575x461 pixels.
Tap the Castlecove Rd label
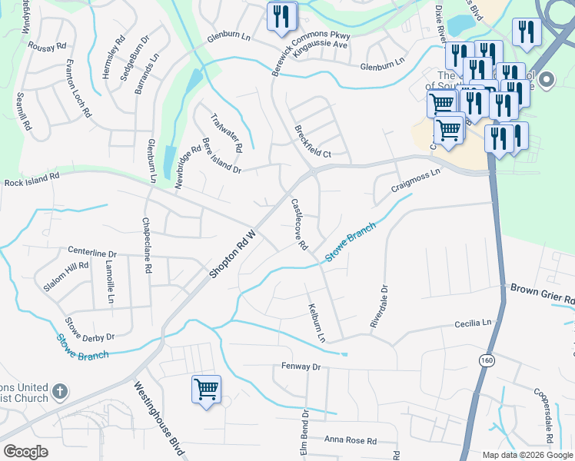[x=299, y=225]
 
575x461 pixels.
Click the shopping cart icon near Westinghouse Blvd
[x=206, y=390]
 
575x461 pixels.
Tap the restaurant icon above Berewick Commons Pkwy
[x=281, y=15]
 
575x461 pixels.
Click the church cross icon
[x=59, y=393]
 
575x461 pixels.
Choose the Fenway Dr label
[x=300, y=367]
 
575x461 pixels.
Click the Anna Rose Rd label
[x=350, y=440]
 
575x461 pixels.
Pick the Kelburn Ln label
[x=317, y=322]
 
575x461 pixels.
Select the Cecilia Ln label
[x=471, y=324]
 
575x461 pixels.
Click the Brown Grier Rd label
[x=542, y=293]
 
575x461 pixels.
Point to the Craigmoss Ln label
[x=415, y=180]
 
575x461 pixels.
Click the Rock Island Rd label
[x=32, y=180]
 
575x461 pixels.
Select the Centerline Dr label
[x=91, y=252]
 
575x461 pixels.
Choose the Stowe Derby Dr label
[x=89, y=330]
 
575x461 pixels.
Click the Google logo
[x=25, y=451]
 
